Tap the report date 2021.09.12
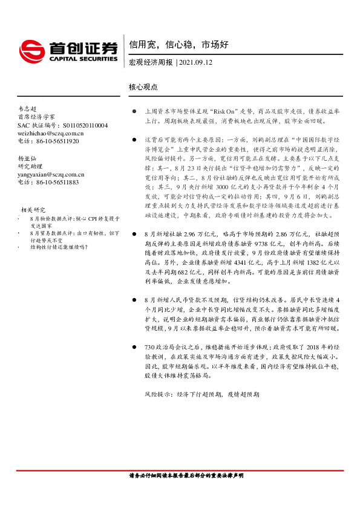(196, 62)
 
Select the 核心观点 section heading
(143, 87)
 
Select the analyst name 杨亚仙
(28, 158)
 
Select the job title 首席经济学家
(36, 117)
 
